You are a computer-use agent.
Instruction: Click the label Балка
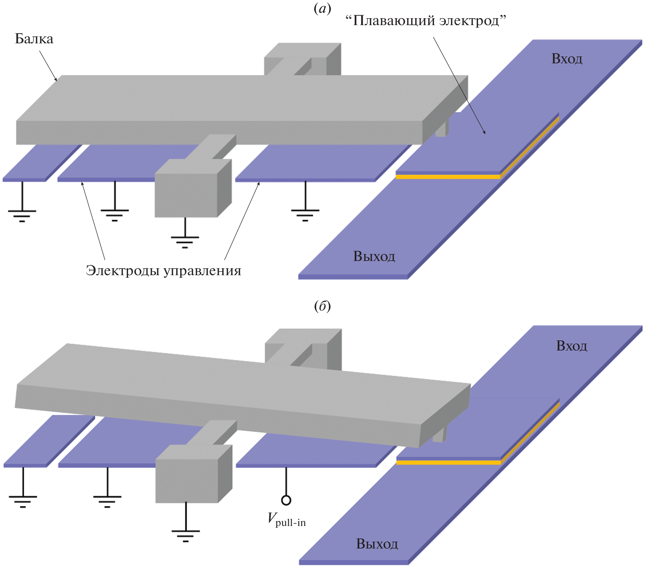click(34, 39)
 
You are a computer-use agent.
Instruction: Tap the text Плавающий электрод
click(426, 21)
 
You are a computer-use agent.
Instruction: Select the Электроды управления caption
click(163, 271)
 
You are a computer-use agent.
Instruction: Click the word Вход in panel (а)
click(567, 59)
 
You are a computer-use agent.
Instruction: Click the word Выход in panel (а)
click(374, 257)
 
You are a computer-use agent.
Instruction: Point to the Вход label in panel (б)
click(572, 346)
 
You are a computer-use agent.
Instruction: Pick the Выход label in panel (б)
click(377, 544)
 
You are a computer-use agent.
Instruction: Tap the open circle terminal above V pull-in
click(286, 500)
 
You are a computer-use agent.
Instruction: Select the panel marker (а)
click(322, 9)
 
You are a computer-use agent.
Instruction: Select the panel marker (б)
click(322, 306)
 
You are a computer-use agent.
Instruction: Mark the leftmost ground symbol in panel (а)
click(22, 215)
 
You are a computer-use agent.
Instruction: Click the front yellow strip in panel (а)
click(448, 177)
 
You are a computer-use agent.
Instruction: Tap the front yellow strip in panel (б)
click(449, 463)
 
